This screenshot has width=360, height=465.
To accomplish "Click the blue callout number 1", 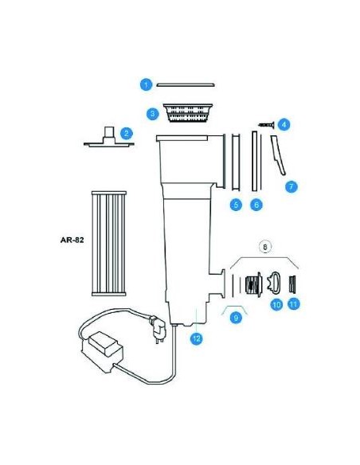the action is [x=146, y=85].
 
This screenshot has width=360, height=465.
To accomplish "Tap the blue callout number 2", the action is [x=127, y=133].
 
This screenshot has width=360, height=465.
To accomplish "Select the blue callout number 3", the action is [x=153, y=114].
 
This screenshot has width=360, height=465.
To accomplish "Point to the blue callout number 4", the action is [x=284, y=124].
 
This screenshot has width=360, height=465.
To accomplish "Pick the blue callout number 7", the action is [x=292, y=186].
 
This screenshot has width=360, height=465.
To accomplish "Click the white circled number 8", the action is [x=265, y=247].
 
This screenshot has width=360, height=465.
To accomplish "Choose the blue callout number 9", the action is [x=236, y=318].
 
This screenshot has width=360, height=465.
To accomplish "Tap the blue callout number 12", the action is [x=197, y=338].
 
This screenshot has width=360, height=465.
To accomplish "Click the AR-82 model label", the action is [x=72, y=240].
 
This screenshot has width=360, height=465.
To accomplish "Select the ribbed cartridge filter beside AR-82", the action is [x=109, y=244].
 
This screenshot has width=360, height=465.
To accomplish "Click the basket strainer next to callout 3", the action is [x=188, y=113].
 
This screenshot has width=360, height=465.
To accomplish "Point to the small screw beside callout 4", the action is [x=266, y=125].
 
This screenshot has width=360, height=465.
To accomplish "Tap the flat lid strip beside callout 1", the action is [x=186, y=85].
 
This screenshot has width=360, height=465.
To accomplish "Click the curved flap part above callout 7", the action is [x=278, y=154].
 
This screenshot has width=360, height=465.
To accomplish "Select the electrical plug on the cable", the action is [x=157, y=329].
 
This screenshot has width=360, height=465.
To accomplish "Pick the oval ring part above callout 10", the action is [x=274, y=281].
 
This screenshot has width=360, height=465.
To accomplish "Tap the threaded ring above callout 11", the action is [x=292, y=284].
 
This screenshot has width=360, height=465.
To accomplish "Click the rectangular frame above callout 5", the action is [x=236, y=162].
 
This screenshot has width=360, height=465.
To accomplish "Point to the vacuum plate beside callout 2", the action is [x=109, y=139].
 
